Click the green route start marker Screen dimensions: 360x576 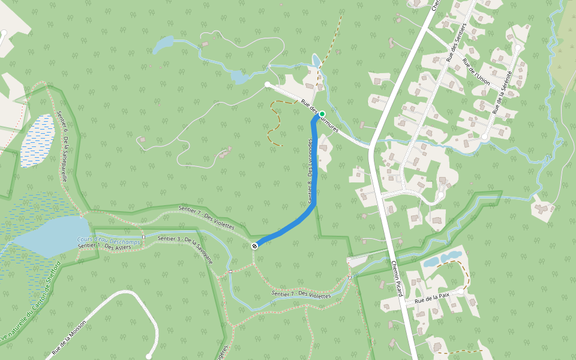pos(322,114)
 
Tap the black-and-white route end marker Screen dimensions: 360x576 pos(255,245)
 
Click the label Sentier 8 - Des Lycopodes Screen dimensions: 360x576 pos(310,172)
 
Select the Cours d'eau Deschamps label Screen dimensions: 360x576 pos(109,241)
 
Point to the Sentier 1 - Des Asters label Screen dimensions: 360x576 pos(105,247)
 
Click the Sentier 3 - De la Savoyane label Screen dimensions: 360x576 pos(185,248)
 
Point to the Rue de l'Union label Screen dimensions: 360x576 pos(476,72)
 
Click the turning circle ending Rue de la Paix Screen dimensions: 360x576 pos(461,292)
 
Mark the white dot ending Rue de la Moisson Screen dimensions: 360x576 pos(149,356)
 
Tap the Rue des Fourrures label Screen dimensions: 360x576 pos(320,116)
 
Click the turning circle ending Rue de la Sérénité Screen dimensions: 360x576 pos(518,47)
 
